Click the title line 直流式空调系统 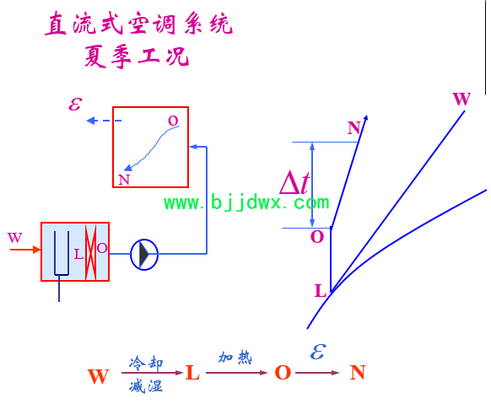(x=138, y=24)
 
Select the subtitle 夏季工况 (x=137, y=57)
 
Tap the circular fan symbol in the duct (x=144, y=255)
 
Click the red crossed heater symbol (x=91, y=252)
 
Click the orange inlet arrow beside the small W (x=25, y=250)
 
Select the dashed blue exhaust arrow (x=104, y=121)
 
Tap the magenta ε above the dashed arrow (x=75, y=104)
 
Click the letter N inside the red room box (x=124, y=180)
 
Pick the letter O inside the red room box (x=173, y=121)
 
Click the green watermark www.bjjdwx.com (x=246, y=202)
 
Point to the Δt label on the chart (x=294, y=182)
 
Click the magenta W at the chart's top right (x=461, y=99)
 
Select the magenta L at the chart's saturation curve (x=321, y=290)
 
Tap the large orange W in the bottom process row (x=99, y=376)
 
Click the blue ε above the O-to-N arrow (x=318, y=351)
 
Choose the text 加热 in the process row (x=235, y=358)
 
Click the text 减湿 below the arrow (x=146, y=385)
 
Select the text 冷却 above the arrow (x=146, y=363)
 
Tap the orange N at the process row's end (x=358, y=373)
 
